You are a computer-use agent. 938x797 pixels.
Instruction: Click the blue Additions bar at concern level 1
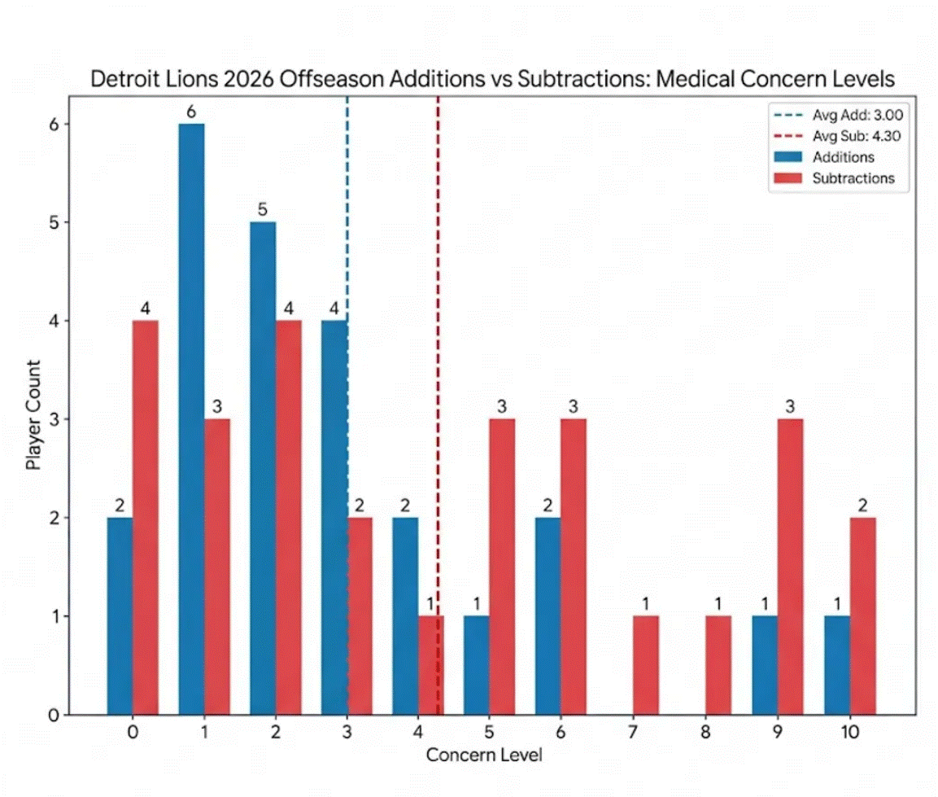pyautogui.click(x=191, y=418)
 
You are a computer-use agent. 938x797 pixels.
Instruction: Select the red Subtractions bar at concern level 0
pyautogui.click(x=146, y=517)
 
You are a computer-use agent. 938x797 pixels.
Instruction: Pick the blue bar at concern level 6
pyautogui.click(x=548, y=615)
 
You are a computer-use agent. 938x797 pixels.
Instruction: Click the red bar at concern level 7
pyautogui.click(x=647, y=665)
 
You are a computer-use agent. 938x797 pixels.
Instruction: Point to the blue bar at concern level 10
pyautogui.click(x=836, y=665)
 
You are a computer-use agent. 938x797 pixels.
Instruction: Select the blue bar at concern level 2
pyautogui.click(x=263, y=468)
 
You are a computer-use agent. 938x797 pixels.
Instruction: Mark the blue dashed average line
pyautogui.click(x=348, y=204)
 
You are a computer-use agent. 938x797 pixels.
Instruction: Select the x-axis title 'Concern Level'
pyautogui.click(x=484, y=755)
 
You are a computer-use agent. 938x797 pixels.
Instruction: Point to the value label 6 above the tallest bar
pyautogui.click(x=191, y=111)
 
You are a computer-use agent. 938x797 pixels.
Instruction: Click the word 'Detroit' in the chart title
pyautogui.click(x=121, y=80)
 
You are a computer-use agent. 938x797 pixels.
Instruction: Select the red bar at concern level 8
pyautogui.click(x=718, y=665)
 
